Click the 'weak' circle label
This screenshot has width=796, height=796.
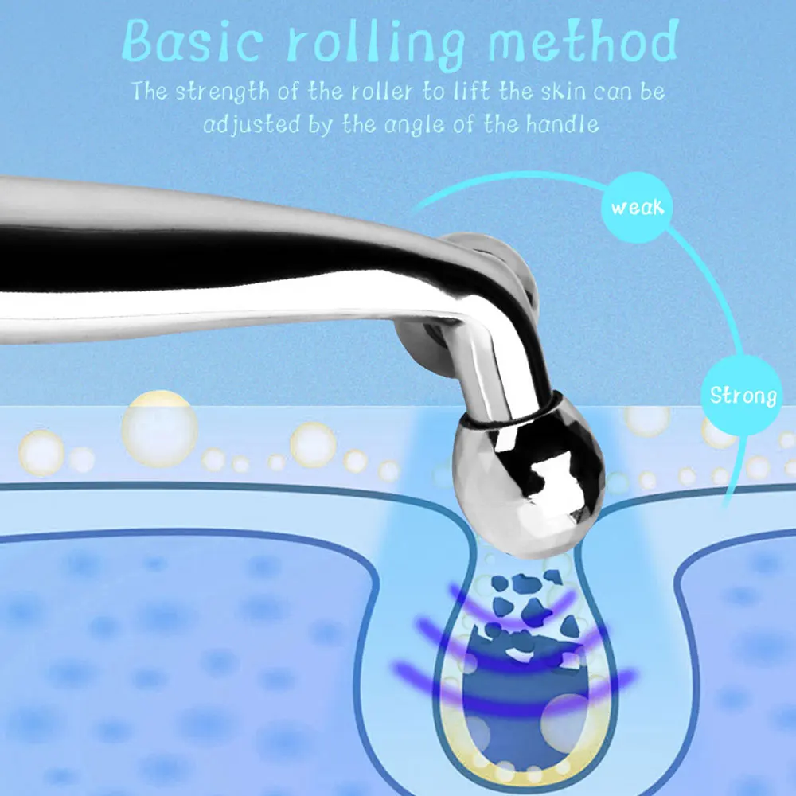(637, 209)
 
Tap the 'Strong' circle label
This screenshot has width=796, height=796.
(743, 396)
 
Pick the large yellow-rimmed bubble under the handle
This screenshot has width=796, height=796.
(159, 428)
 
